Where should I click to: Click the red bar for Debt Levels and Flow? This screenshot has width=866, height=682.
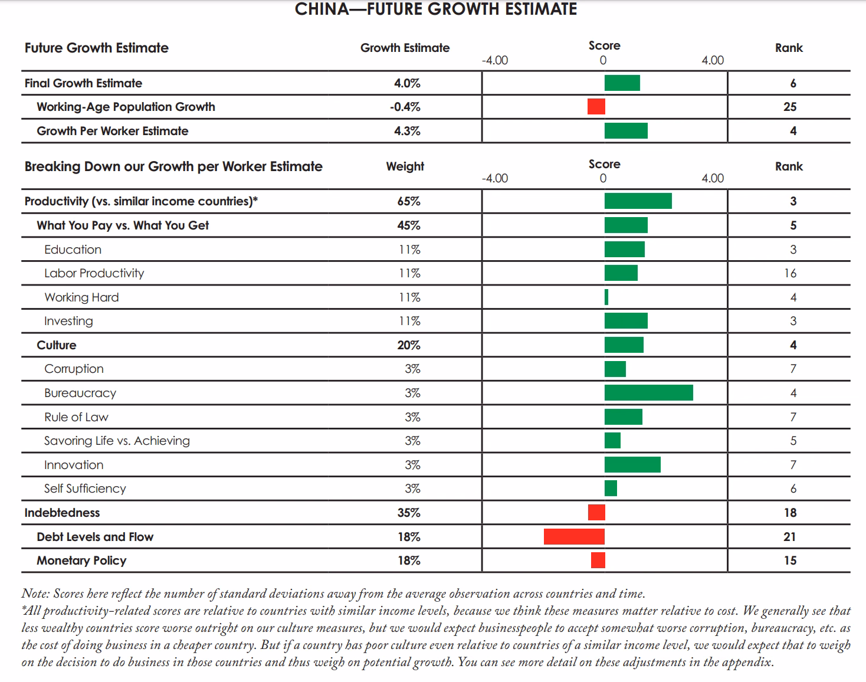(x=574, y=536)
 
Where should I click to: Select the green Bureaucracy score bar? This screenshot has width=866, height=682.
(x=649, y=392)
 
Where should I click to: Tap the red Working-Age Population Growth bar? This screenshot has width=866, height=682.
(x=596, y=107)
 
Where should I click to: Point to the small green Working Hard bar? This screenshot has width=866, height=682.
(x=606, y=297)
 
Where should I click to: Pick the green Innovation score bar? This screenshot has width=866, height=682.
(x=632, y=464)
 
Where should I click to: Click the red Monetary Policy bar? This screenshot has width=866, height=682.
(x=598, y=560)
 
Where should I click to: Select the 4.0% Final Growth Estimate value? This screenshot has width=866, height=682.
(x=407, y=83)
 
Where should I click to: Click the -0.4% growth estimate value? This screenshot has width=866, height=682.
(x=405, y=107)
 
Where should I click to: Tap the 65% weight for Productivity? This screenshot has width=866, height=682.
(x=408, y=201)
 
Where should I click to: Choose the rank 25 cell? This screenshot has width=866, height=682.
(x=789, y=107)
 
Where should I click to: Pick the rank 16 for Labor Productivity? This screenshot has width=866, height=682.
(x=790, y=273)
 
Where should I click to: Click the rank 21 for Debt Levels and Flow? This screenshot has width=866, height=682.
(x=789, y=537)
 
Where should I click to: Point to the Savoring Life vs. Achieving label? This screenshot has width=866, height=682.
(x=117, y=441)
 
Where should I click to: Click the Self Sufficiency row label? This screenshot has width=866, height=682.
(x=85, y=488)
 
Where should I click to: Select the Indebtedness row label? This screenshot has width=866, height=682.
(x=62, y=513)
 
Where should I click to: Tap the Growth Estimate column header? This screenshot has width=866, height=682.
(x=405, y=48)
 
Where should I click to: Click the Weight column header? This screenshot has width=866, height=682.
(x=405, y=166)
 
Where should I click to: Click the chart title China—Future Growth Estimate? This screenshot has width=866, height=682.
(x=436, y=9)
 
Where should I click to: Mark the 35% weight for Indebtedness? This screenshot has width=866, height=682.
(x=408, y=513)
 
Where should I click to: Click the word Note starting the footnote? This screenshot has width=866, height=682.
(x=35, y=594)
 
